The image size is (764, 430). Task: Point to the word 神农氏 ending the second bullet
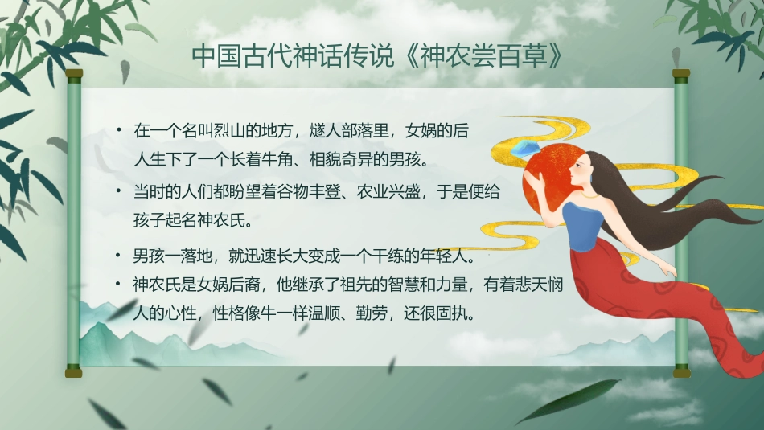[x=224, y=219]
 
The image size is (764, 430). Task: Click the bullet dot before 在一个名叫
[x=119, y=129]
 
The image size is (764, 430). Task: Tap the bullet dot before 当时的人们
[x=119, y=192]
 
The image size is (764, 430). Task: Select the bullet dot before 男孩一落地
[x=119, y=257]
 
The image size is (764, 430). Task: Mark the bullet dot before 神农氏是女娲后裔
[x=119, y=283]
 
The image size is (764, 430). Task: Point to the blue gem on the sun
[x=531, y=148]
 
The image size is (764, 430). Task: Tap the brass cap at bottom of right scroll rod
[x=681, y=371]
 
